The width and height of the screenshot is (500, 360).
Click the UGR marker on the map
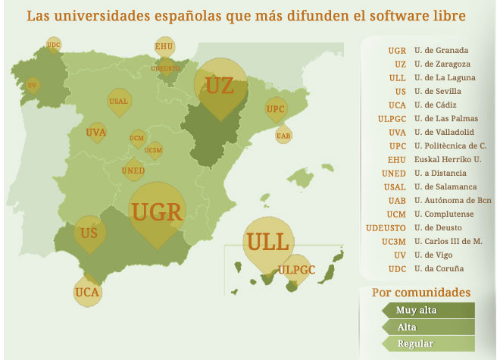pyautogui.click(x=157, y=211)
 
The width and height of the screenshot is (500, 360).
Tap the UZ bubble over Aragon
pyautogui.click(x=220, y=86)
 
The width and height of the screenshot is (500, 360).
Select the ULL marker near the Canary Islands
pyautogui.click(x=267, y=243)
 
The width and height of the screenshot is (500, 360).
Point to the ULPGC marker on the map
pyautogui.click(x=296, y=269)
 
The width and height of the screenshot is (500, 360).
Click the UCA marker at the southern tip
pyautogui.click(x=88, y=291)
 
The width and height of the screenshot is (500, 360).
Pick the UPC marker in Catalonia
pyautogui.click(x=276, y=109)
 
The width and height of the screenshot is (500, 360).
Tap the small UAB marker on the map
pyautogui.click(x=283, y=136)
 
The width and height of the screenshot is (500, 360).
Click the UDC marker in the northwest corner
pyautogui.click(x=53, y=45)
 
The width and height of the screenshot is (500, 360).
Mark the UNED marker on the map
pyautogui.click(x=133, y=171)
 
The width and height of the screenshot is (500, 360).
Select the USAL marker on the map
pyautogui.click(x=118, y=101)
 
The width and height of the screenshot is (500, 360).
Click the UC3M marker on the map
pyautogui.click(x=154, y=150)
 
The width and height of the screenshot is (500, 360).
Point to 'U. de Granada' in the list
pyautogui.click(x=441, y=51)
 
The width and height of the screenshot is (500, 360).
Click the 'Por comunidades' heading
pyautogui.click(x=421, y=293)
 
